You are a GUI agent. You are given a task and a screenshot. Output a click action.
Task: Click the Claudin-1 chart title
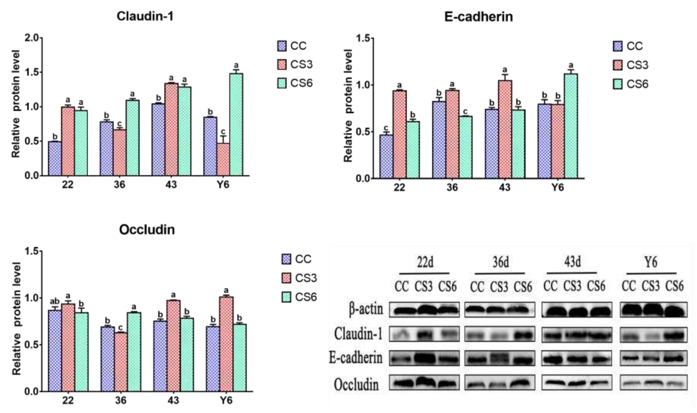(145, 16)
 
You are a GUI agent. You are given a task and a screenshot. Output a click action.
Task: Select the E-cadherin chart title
(478, 17)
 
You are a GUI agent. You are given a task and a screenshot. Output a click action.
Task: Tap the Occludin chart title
(147, 230)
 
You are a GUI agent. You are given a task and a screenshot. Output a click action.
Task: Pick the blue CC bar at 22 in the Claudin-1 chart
(55, 159)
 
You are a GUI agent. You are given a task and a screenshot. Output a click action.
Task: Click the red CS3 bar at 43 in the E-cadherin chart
(505, 129)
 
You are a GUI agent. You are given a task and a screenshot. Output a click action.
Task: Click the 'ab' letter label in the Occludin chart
(55, 301)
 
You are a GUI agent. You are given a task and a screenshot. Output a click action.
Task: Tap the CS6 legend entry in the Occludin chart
(299, 297)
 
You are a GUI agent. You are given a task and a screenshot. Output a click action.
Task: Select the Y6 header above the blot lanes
(651, 263)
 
